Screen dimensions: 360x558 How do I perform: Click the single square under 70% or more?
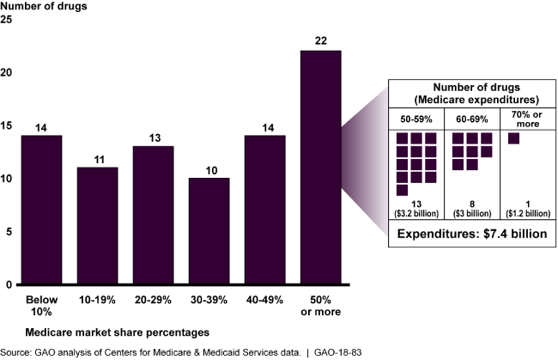click(x=514, y=138)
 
